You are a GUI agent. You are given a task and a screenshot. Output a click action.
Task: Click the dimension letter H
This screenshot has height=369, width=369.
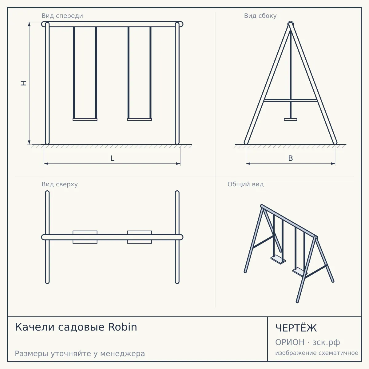point(24,83)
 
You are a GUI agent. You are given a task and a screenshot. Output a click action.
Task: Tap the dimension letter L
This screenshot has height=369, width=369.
point(113,158)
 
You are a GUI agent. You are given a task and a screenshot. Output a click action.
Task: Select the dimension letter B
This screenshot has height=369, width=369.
point(291,158)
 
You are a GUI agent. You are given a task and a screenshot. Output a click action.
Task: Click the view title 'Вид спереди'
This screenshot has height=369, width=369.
point(62,16)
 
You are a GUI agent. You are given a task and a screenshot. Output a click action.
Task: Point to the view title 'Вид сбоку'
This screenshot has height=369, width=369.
point(260,16)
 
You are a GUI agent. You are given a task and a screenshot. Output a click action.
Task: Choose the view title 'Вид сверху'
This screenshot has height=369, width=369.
point(60,184)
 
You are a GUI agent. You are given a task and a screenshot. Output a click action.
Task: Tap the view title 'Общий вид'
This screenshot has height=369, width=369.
point(245,184)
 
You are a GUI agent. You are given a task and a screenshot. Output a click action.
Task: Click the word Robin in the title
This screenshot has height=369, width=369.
point(123,327)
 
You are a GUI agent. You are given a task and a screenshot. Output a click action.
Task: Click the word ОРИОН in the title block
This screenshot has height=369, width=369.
point(290,342)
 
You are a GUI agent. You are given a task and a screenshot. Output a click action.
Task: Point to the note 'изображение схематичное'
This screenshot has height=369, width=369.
point(317,353)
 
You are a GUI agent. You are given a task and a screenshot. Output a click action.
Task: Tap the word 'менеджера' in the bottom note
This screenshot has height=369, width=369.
point(123,354)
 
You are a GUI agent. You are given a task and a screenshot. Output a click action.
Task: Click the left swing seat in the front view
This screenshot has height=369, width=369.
point(85,120)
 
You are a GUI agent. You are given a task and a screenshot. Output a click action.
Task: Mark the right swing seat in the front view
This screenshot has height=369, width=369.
point(139,120)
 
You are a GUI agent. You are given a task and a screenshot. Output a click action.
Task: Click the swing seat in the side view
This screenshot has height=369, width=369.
point(291,120)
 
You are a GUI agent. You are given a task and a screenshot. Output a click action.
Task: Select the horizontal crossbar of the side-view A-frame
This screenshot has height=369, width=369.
point(291,100)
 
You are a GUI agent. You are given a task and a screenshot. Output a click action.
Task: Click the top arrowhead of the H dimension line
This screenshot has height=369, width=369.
point(29,24)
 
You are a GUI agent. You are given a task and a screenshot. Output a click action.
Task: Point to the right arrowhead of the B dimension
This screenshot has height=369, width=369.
point(333,164)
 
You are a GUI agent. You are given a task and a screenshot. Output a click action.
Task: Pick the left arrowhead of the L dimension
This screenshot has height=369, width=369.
point(46,164)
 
